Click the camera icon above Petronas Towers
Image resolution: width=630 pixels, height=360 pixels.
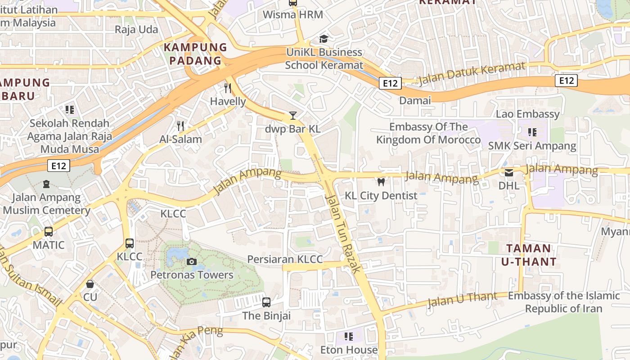pos(191,261)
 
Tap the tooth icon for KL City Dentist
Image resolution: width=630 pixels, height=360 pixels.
pos(381,182)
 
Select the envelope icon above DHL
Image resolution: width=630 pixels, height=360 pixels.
pos(509,172)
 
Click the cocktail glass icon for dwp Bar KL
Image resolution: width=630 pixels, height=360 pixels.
pos(292,116)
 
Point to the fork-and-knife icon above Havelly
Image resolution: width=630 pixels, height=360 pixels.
pos(228,88)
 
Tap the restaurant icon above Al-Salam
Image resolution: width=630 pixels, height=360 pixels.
pos(180,126)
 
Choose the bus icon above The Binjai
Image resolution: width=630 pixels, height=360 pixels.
pos(266,302)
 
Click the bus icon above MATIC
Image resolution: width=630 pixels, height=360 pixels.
pos(48,232)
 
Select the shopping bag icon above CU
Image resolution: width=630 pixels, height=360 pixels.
pos(90,284)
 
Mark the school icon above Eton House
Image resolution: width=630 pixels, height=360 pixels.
pos(348,336)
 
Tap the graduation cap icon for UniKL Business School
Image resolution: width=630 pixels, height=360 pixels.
pos(324,39)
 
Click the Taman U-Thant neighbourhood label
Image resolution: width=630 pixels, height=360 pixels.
pos(528,255)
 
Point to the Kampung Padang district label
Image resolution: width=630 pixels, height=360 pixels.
pos(195,54)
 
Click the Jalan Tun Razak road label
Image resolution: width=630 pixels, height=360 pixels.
pos(343,233)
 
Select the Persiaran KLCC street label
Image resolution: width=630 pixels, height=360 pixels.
pos(285,260)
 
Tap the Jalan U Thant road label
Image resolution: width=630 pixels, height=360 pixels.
pos(462,299)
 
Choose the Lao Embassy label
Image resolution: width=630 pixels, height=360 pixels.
pos(527,114)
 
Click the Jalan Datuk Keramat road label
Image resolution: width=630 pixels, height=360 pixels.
pos(472,74)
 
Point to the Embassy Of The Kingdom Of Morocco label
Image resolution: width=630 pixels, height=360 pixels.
pos(428,133)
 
